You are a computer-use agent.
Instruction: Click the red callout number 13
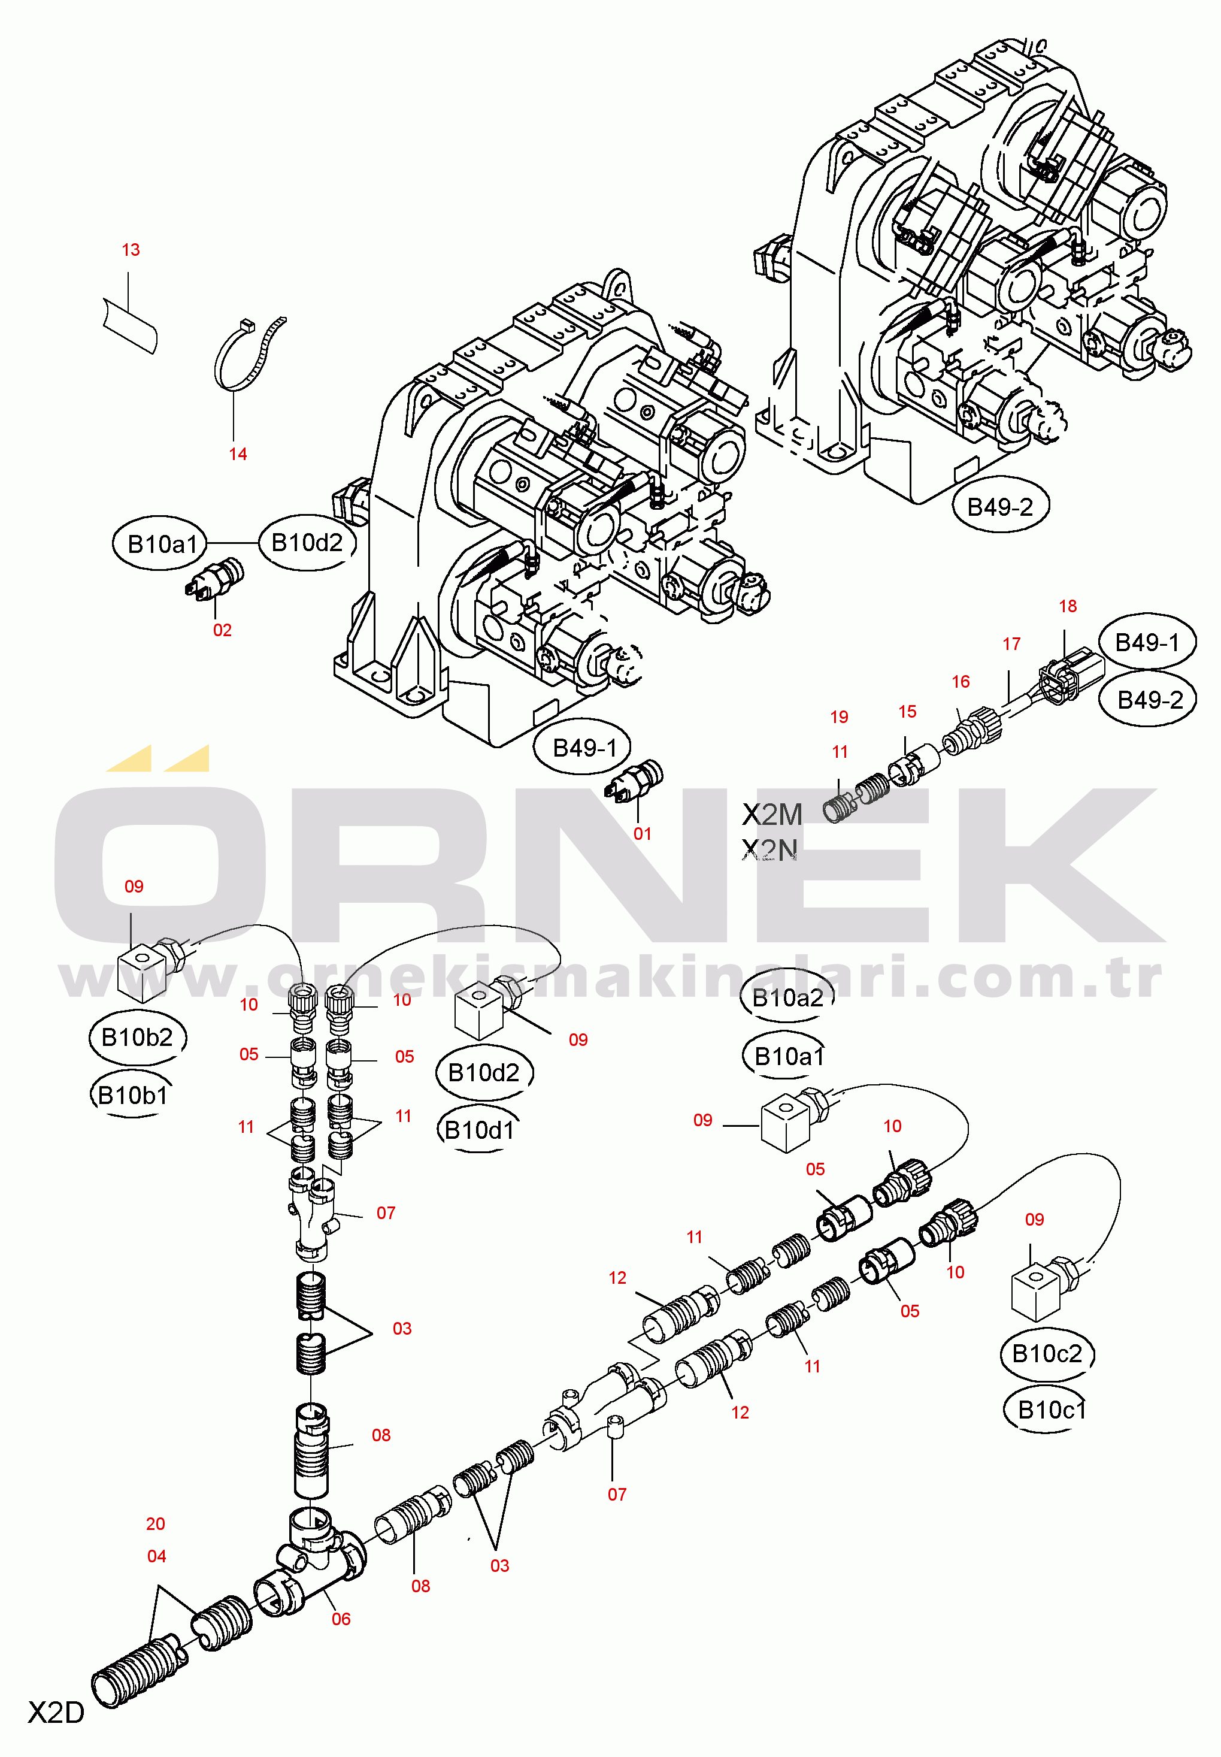(x=131, y=250)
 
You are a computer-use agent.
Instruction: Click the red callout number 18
(x=1067, y=607)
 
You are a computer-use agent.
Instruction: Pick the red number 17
(x=1011, y=645)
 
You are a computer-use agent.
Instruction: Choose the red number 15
(x=907, y=712)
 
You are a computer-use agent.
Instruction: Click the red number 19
(x=839, y=717)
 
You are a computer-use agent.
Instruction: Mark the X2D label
(x=56, y=1713)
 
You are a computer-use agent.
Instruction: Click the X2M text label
(x=772, y=815)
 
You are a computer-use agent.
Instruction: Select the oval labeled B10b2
(x=138, y=1038)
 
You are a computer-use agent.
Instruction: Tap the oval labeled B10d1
(x=480, y=1130)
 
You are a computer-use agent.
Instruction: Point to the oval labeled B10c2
(x=1047, y=1354)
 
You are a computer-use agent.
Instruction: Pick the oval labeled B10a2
(x=787, y=998)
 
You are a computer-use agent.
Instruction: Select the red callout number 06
(x=341, y=1619)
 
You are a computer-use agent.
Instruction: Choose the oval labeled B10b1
(x=132, y=1096)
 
